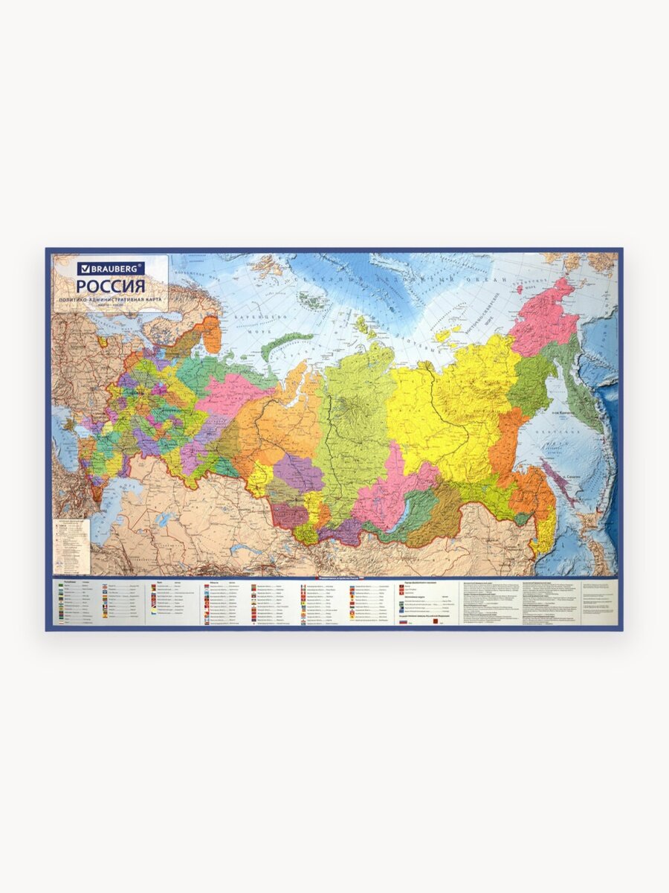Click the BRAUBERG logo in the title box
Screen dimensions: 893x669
tap(111, 268)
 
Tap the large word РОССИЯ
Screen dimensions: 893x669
tap(111, 287)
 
